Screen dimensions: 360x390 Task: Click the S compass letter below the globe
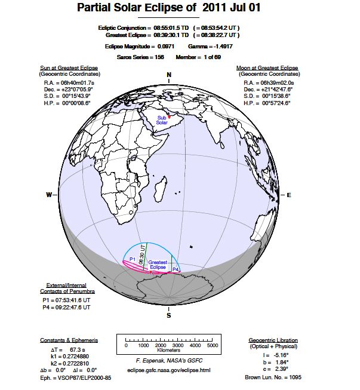169,315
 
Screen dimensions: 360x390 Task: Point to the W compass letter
48,195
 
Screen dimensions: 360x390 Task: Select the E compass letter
289,195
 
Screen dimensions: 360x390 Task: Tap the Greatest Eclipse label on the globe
158,264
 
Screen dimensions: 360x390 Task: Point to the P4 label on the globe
176,270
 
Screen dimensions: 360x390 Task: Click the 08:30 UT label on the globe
142,254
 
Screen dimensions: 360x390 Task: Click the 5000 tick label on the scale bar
212,346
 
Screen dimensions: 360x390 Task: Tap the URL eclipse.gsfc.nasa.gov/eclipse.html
169,371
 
